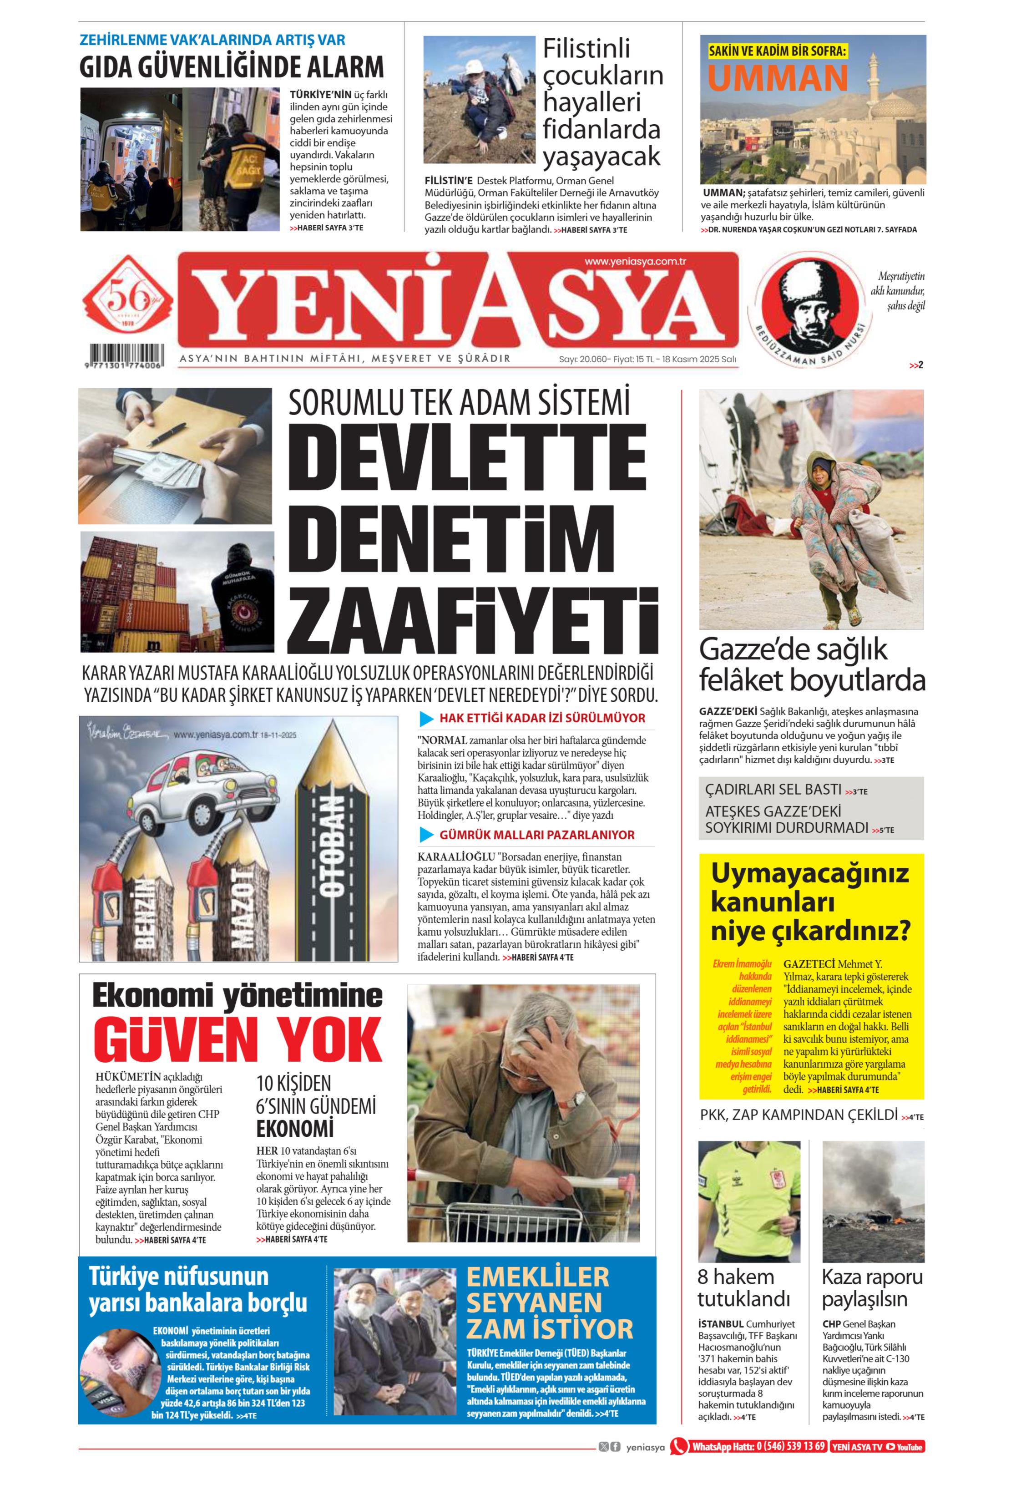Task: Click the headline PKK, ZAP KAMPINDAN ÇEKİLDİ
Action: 799,1115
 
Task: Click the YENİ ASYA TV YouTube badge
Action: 877,1447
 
